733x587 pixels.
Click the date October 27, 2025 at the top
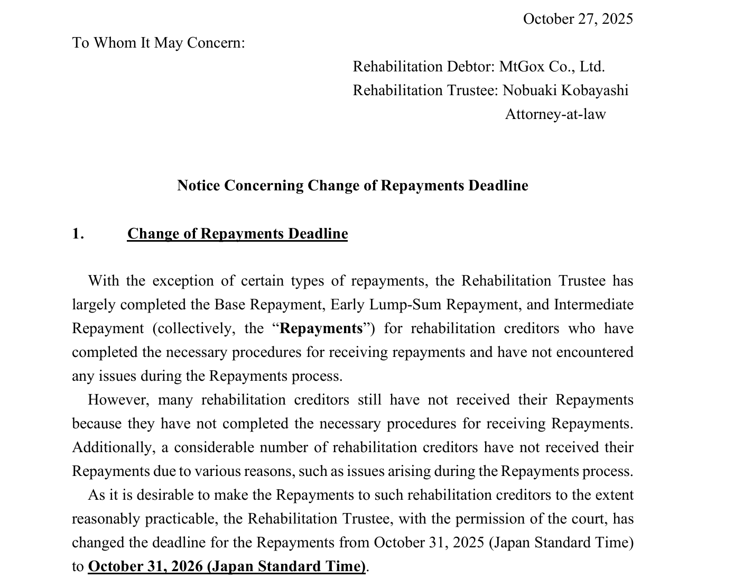click(x=578, y=19)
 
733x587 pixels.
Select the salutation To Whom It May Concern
click(x=159, y=43)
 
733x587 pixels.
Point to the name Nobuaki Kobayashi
click(x=565, y=90)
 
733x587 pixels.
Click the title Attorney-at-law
click(x=555, y=114)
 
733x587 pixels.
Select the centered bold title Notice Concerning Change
click(x=352, y=186)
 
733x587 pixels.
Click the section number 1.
click(x=78, y=234)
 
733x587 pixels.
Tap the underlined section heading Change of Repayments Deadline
click(x=237, y=234)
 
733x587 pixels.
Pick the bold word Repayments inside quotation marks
click(x=321, y=328)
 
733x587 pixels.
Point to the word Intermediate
click(x=593, y=305)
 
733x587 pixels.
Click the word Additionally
click(x=113, y=447)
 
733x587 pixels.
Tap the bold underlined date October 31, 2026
click(x=227, y=566)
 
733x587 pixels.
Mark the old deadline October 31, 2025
click(x=429, y=543)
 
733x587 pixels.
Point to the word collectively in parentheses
click(x=193, y=328)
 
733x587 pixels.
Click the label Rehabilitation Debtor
click(x=423, y=67)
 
